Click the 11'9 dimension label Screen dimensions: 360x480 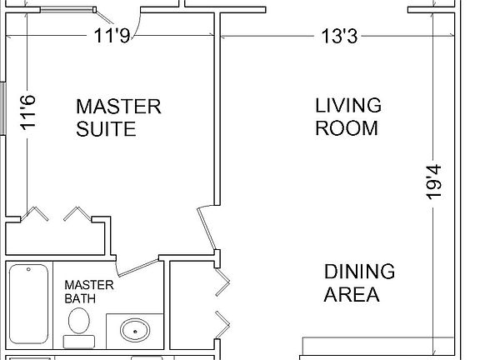click(x=111, y=37)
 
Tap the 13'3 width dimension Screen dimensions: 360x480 click(x=340, y=37)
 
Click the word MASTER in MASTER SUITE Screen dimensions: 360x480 click(x=117, y=107)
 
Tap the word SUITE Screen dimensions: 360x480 click(x=105, y=130)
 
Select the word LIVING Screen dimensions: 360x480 click(x=347, y=106)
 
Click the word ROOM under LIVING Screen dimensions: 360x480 click(x=347, y=128)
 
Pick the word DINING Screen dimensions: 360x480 click(x=359, y=272)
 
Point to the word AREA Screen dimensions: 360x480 click(x=351, y=294)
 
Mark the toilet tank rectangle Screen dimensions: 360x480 click(x=78, y=341)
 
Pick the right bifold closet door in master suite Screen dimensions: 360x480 click(x=77, y=214)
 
